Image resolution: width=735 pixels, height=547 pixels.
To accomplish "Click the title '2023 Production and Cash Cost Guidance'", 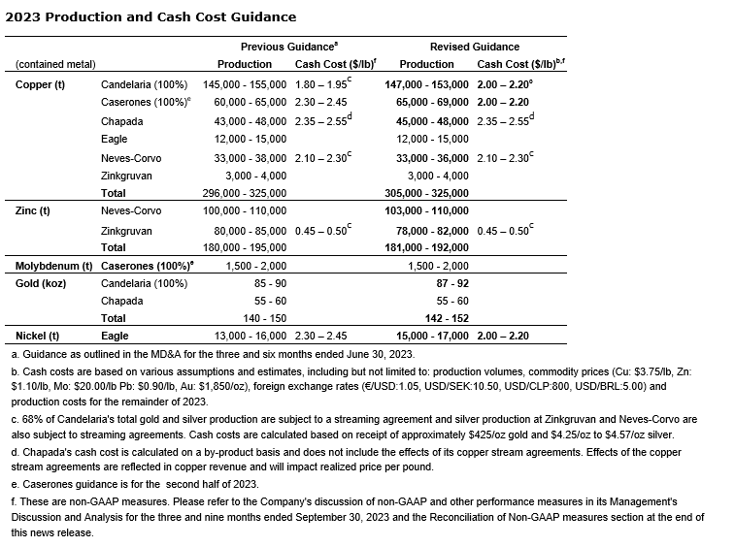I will click(x=150, y=17).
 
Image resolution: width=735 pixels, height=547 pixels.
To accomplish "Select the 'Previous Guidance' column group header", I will click(x=288, y=47).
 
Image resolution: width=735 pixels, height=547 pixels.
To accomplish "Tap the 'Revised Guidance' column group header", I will click(x=474, y=47).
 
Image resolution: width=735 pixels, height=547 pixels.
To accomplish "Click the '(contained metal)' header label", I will click(x=55, y=64).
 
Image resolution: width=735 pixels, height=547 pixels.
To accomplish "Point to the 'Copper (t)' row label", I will click(x=40, y=84).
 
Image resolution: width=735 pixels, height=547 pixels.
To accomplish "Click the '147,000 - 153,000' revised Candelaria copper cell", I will click(x=426, y=84).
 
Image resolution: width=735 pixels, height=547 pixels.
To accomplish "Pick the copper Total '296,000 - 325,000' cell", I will click(x=245, y=193).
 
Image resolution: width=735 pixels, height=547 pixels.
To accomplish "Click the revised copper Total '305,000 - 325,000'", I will click(x=426, y=193).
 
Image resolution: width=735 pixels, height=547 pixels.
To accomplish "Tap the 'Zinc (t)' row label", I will click(x=33, y=210).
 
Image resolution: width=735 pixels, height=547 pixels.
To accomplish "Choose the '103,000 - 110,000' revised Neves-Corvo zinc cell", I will click(x=426, y=210).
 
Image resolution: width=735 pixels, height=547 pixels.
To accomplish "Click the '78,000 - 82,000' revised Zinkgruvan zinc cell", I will click(x=430, y=231).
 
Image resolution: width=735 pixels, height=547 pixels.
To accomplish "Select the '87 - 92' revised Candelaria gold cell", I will click(x=453, y=283).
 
